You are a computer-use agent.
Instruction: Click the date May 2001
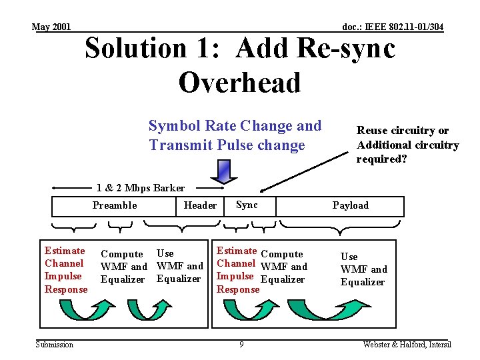pyautogui.click(x=51, y=27)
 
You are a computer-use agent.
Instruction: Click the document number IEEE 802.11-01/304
pyautogui.click(x=393, y=27)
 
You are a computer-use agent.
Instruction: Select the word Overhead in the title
pyautogui.click(x=240, y=82)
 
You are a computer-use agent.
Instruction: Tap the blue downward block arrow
pyautogui.click(x=219, y=172)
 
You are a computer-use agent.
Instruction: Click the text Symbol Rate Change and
pyautogui.click(x=235, y=126)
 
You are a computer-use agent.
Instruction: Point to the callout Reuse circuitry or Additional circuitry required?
pyautogui.click(x=407, y=145)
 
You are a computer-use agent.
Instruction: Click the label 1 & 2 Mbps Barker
pyautogui.click(x=141, y=187)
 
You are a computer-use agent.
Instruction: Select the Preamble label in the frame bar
pyautogui.click(x=115, y=205)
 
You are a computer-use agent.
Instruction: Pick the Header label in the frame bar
pyautogui.click(x=200, y=205)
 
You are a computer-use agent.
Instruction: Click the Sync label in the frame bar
pyautogui.click(x=247, y=205)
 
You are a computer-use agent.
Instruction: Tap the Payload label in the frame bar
pyautogui.click(x=350, y=205)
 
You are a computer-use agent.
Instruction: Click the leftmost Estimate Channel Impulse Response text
pyautogui.click(x=65, y=270)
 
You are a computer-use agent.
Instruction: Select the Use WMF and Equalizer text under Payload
pyautogui.click(x=363, y=269)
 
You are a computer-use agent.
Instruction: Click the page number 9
pyautogui.click(x=241, y=345)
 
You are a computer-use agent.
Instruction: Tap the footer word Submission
pyautogui.click(x=55, y=345)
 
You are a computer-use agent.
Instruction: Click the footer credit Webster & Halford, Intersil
pyautogui.click(x=407, y=345)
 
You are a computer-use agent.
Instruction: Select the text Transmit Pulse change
pyautogui.click(x=227, y=145)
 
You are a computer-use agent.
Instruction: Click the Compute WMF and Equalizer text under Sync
pyautogui.click(x=284, y=267)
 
